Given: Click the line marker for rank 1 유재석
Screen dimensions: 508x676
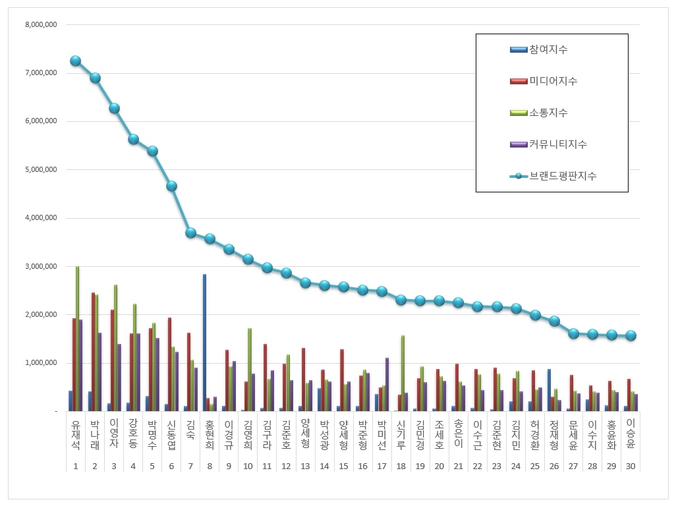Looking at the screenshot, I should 75,61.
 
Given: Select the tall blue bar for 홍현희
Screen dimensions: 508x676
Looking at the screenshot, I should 205,343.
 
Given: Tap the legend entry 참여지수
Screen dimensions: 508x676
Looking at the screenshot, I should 548,49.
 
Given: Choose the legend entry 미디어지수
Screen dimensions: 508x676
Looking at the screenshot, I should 553,81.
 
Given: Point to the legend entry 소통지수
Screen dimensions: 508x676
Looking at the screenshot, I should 548,113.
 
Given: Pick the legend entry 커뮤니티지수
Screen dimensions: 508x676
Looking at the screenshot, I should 558,144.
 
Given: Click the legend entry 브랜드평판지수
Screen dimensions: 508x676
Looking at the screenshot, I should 563,176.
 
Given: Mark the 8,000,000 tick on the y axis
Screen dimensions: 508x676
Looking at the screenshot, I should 40,24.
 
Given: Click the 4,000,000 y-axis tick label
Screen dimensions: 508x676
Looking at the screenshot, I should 40,218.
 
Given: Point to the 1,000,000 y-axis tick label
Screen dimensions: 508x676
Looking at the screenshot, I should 40,363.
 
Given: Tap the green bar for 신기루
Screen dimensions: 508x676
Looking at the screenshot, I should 403,373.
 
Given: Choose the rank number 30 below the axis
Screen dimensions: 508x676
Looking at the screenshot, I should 631,466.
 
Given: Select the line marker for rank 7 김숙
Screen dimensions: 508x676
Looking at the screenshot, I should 190,233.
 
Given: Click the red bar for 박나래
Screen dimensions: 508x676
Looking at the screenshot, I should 93,352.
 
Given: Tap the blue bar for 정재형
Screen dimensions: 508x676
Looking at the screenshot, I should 549,390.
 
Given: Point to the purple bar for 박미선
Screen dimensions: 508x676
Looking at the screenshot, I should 387,384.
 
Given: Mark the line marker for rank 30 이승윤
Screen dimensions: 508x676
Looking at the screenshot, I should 631,335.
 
